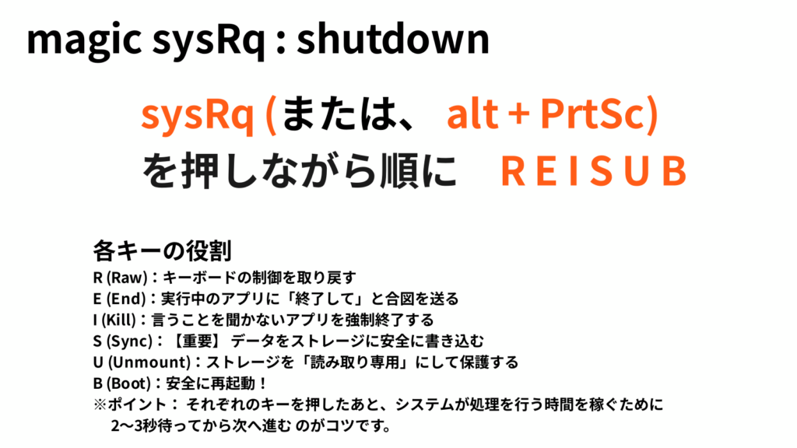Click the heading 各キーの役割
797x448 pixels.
click(x=160, y=250)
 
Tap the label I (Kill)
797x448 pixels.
click(x=118, y=320)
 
